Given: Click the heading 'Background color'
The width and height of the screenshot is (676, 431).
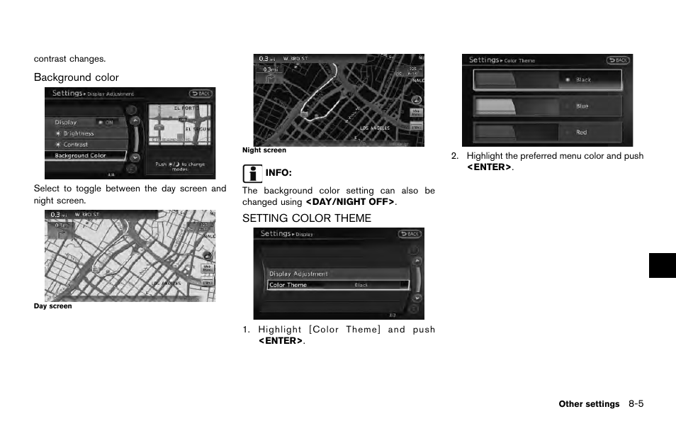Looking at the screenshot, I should pyautogui.click(x=77, y=77).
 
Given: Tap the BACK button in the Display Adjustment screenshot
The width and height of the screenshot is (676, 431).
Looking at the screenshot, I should pyautogui.click(x=201, y=94).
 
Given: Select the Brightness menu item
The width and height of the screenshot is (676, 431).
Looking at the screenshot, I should pyautogui.click(x=79, y=133).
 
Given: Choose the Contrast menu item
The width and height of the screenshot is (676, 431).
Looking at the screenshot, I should pyautogui.click(x=76, y=145).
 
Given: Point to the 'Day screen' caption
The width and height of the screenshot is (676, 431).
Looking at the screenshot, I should pyautogui.click(x=53, y=306).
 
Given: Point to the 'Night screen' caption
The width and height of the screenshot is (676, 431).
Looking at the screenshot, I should pyautogui.click(x=264, y=150).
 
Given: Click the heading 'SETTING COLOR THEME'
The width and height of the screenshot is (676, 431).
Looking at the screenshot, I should pyautogui.click(x=306, y=218).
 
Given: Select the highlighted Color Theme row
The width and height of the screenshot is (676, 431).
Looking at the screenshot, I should pyautogui.click(x=338, y=285).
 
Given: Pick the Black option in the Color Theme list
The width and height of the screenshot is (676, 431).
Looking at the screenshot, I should pyautogui.click(x=547, y=80).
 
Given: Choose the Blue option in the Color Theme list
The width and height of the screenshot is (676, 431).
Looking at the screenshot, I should pyautogui.click(x=547, y=106).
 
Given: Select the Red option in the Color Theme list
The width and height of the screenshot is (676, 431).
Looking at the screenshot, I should pyautogui.click(x=547, y=133).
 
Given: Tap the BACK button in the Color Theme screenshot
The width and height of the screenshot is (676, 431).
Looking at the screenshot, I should pyautogui.click(x=618, y=61).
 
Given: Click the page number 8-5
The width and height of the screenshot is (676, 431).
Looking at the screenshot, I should pyautogui.click(x=635, y=404).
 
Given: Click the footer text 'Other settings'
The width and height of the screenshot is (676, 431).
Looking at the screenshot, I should pyautogui.click(x=588, y=404).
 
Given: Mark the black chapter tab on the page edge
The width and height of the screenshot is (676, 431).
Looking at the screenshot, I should pyautogui.click(x=662, y=265).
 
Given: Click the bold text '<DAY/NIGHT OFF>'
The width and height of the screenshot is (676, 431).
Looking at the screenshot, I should pyautogui.click(x=350, y=202).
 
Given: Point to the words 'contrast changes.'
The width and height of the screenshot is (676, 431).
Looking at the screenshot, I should pyautogui.click(x=69, y=59).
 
